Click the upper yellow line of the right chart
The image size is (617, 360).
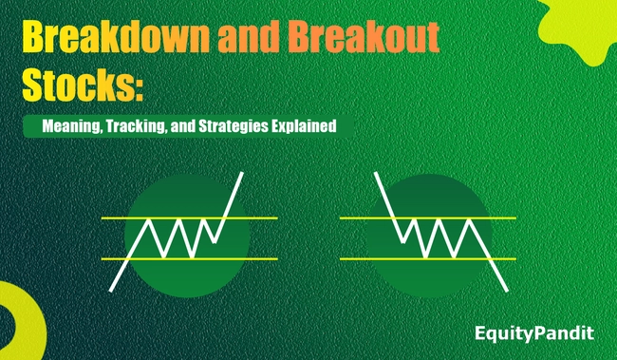[x=361, y=218]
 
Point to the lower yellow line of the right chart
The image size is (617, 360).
[x=361, y=257]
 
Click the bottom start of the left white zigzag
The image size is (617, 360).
[x=112, y=291]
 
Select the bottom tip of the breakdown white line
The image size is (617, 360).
[x=507, y=290]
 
